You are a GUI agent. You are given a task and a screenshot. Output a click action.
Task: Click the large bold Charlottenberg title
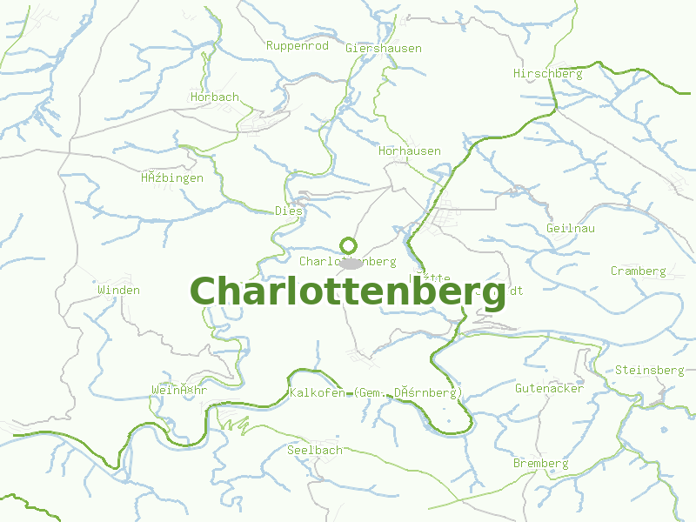click(348, 292)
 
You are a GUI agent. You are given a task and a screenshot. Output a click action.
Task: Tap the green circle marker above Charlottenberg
click(348, 245)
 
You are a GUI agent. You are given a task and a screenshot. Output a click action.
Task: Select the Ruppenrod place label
click(297, 45)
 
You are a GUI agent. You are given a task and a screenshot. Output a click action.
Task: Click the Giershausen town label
click(383, 49)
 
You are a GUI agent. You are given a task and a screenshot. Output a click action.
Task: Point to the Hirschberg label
click(547, 74)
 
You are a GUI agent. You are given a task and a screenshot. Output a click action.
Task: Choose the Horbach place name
click(214, 97)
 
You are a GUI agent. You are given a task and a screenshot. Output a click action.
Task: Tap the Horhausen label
click(410, 151)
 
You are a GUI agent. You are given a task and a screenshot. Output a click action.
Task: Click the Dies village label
click(289, 211)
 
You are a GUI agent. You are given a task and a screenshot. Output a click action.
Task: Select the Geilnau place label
click(571, 228)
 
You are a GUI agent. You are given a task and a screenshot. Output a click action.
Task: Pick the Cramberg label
click(638, 271)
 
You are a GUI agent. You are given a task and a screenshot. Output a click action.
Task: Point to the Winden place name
click(118, 290)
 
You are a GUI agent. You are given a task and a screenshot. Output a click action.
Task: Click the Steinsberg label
click(649, 370)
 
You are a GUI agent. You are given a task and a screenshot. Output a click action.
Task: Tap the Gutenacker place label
click(549, 388)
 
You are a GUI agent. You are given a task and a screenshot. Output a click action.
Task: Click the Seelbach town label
click(315, 450)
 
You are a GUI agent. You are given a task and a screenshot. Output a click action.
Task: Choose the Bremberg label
click(540, 463)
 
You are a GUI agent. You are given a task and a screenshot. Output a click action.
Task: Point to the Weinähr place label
click(179, 390)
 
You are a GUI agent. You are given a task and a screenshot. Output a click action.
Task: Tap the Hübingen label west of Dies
click(172, 178)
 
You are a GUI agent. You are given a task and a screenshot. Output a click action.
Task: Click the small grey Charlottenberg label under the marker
click(347, 261)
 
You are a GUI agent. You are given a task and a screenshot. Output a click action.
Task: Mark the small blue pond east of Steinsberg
click(665, 429)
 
